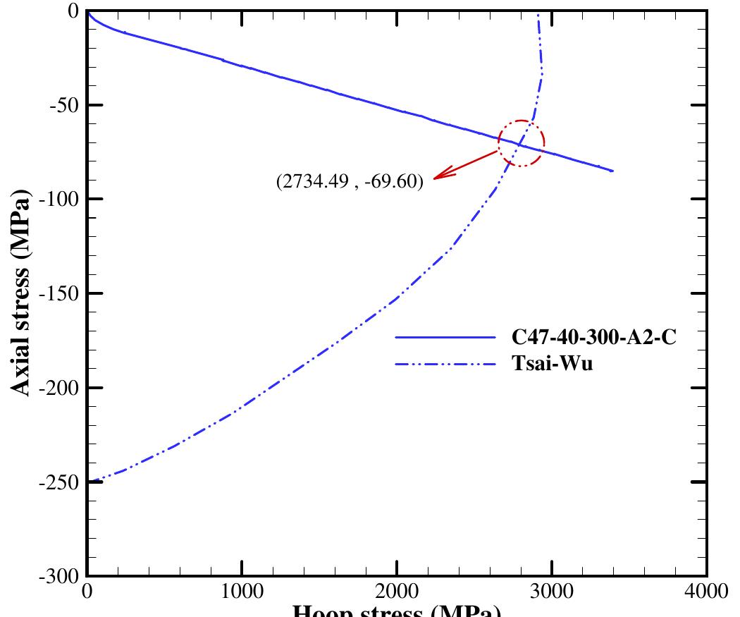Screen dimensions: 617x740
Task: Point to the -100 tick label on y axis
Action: point(61,200)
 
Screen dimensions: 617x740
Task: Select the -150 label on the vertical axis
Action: point(61,294)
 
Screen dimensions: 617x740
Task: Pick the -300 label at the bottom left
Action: point(61,577)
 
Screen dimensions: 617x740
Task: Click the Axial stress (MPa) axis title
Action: point(21,293)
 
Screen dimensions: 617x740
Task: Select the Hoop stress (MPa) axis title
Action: point(396,610)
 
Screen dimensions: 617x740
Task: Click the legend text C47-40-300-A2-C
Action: point(594,338)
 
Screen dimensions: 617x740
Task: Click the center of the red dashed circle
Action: point(522,143)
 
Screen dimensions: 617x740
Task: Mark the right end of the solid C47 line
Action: point(612,171)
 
